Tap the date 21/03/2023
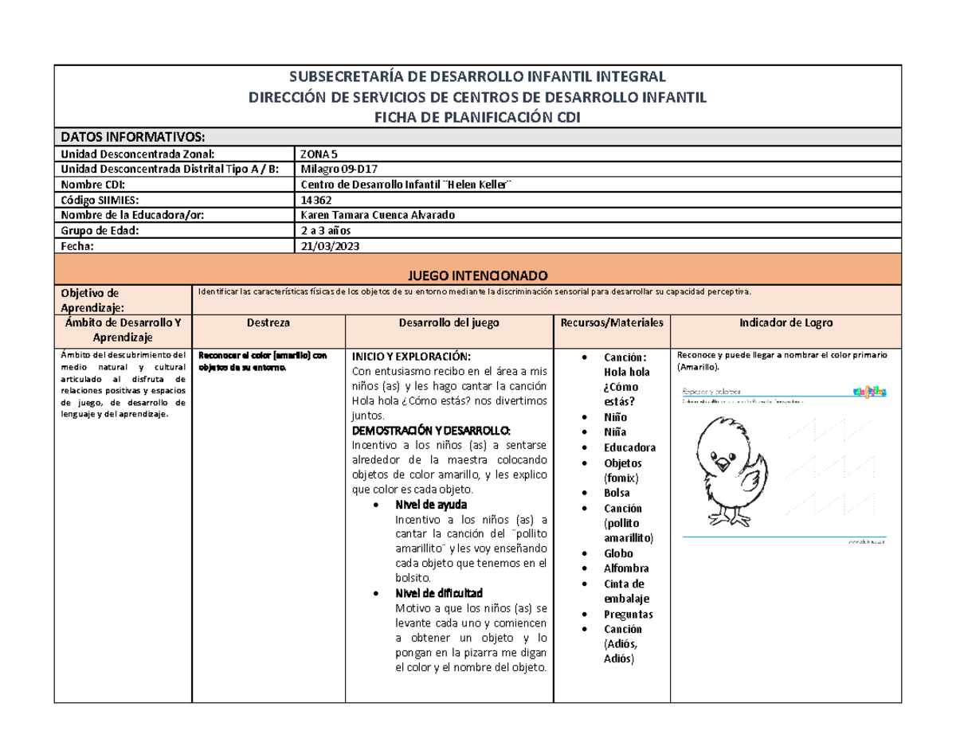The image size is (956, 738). click(x=327, y=247)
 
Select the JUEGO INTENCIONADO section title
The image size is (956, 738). click(x=477, y=274)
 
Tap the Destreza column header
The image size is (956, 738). click(x=268, y=323)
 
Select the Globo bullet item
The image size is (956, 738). click(x=618, y=553)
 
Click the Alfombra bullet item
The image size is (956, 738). click(x=626, y=568)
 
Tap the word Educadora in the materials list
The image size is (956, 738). click(x=629, y=447)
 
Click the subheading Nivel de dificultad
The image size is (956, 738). click(x=437, y=593)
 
